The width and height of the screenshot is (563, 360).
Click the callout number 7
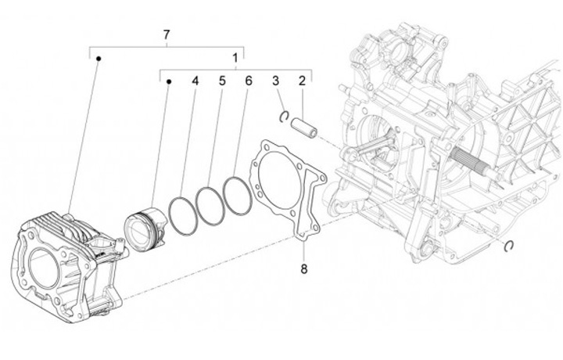click(x=166, y=34)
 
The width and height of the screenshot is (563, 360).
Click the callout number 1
click(x=235, y=58)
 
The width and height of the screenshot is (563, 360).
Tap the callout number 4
click(x=195, y=81)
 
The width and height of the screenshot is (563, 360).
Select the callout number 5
click(x=222, y=81)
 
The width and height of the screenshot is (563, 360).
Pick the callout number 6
click(x=248, y=81)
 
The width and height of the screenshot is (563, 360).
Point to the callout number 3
click(x=275, y=81)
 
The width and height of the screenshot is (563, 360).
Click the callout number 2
click(x=300, y=81)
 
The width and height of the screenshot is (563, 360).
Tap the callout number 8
click(x=303, y=269)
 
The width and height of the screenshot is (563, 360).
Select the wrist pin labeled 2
click(x=304, y=126)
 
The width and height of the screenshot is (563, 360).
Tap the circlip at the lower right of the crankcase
click(x=509, y=247)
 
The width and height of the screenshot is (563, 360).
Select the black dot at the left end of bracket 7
click(x=99, y=59)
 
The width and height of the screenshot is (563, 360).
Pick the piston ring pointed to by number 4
click(x=182, y=214)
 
